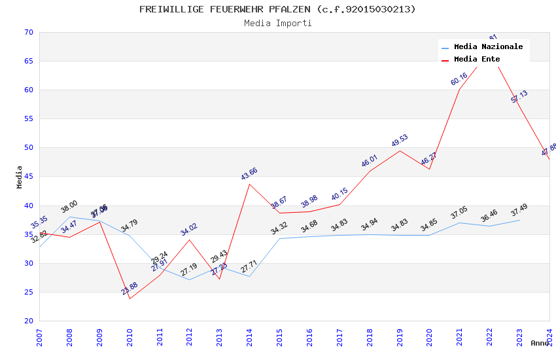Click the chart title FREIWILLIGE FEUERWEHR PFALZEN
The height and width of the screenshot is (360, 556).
(277, 9)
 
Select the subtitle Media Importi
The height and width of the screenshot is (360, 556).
(277, 23)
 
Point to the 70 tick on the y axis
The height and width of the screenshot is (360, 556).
(27, 32)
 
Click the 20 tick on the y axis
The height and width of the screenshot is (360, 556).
(27, 321)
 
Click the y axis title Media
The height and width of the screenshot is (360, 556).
(20, 177)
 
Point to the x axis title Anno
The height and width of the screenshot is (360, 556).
(540, 343)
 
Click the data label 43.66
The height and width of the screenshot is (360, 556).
(249, 173)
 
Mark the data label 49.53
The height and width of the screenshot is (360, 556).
(400, 140)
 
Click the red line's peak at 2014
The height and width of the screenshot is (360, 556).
(249, 184)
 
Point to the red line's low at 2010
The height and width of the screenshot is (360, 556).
(130, 299)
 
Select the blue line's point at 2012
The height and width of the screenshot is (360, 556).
(190, 279)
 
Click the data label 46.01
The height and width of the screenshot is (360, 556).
(370, 161)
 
